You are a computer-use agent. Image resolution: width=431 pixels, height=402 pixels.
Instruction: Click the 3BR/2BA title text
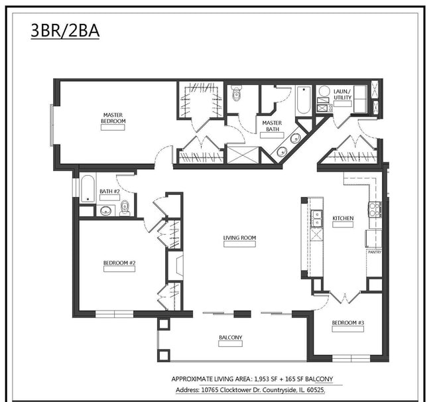[x=65, y=31]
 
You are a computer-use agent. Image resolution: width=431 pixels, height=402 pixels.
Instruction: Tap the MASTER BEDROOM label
[x=113, y=118]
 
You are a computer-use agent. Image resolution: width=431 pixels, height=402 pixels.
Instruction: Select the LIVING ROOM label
[x=239, y=237]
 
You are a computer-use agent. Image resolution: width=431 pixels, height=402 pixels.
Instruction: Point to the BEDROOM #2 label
[x=119, y=263]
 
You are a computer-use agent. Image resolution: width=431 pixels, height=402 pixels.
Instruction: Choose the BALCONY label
[x=230, y=338]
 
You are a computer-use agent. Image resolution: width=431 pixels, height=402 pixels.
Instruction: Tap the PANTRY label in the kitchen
[x=374, y=252]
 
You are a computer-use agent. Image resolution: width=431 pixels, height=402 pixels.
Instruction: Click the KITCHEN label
[x=343, y=218]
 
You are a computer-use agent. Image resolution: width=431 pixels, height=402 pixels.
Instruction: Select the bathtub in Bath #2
[x=88, y=188]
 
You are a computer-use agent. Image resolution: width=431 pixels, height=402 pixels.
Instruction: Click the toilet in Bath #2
[x=125, y=208]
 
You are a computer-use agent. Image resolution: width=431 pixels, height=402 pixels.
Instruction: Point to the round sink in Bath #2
[x=105, y=212]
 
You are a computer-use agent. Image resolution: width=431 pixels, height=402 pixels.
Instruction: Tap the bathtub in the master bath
[x=303, y=100]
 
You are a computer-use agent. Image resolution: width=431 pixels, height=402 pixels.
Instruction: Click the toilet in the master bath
[x=237, y=95]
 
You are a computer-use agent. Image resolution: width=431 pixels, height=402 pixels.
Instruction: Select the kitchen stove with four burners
[x=375, y=210]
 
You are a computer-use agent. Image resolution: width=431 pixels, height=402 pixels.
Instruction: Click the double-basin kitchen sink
[x=317, y=218]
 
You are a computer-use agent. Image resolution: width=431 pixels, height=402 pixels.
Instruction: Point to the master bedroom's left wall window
[x=52, y=125]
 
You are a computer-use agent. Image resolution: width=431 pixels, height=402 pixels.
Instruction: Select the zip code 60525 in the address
[x=314, y=391]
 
